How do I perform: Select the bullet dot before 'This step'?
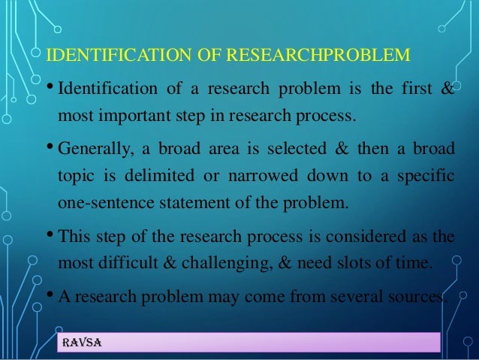click(x=50, y=234)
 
